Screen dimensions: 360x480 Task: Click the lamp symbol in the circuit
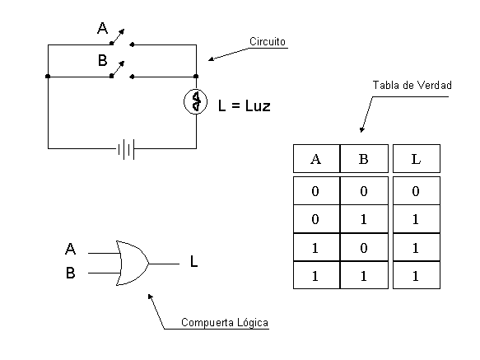coord(196,102)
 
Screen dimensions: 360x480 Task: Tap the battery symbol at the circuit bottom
coord(125,149)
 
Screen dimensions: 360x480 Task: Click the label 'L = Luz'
coord(244,105)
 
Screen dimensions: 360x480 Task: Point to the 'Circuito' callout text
coord(268,41)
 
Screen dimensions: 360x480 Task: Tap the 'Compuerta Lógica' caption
coord(225,322)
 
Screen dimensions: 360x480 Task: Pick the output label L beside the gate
coord(193,263)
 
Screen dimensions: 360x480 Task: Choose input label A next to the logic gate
coord(71,249)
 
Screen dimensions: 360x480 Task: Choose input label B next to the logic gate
coord(71,274)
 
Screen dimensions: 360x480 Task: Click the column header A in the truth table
coord(315,159)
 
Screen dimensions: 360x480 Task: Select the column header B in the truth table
coord(363,159)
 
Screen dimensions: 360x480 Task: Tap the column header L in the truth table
coord(416,159)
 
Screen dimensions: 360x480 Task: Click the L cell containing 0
coord(416,192)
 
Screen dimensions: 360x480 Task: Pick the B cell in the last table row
coord(363,276)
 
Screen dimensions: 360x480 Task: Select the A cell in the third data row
coord(315,248)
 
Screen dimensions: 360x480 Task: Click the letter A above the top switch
coord(103,29)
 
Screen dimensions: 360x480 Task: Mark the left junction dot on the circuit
coord(48,77)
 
